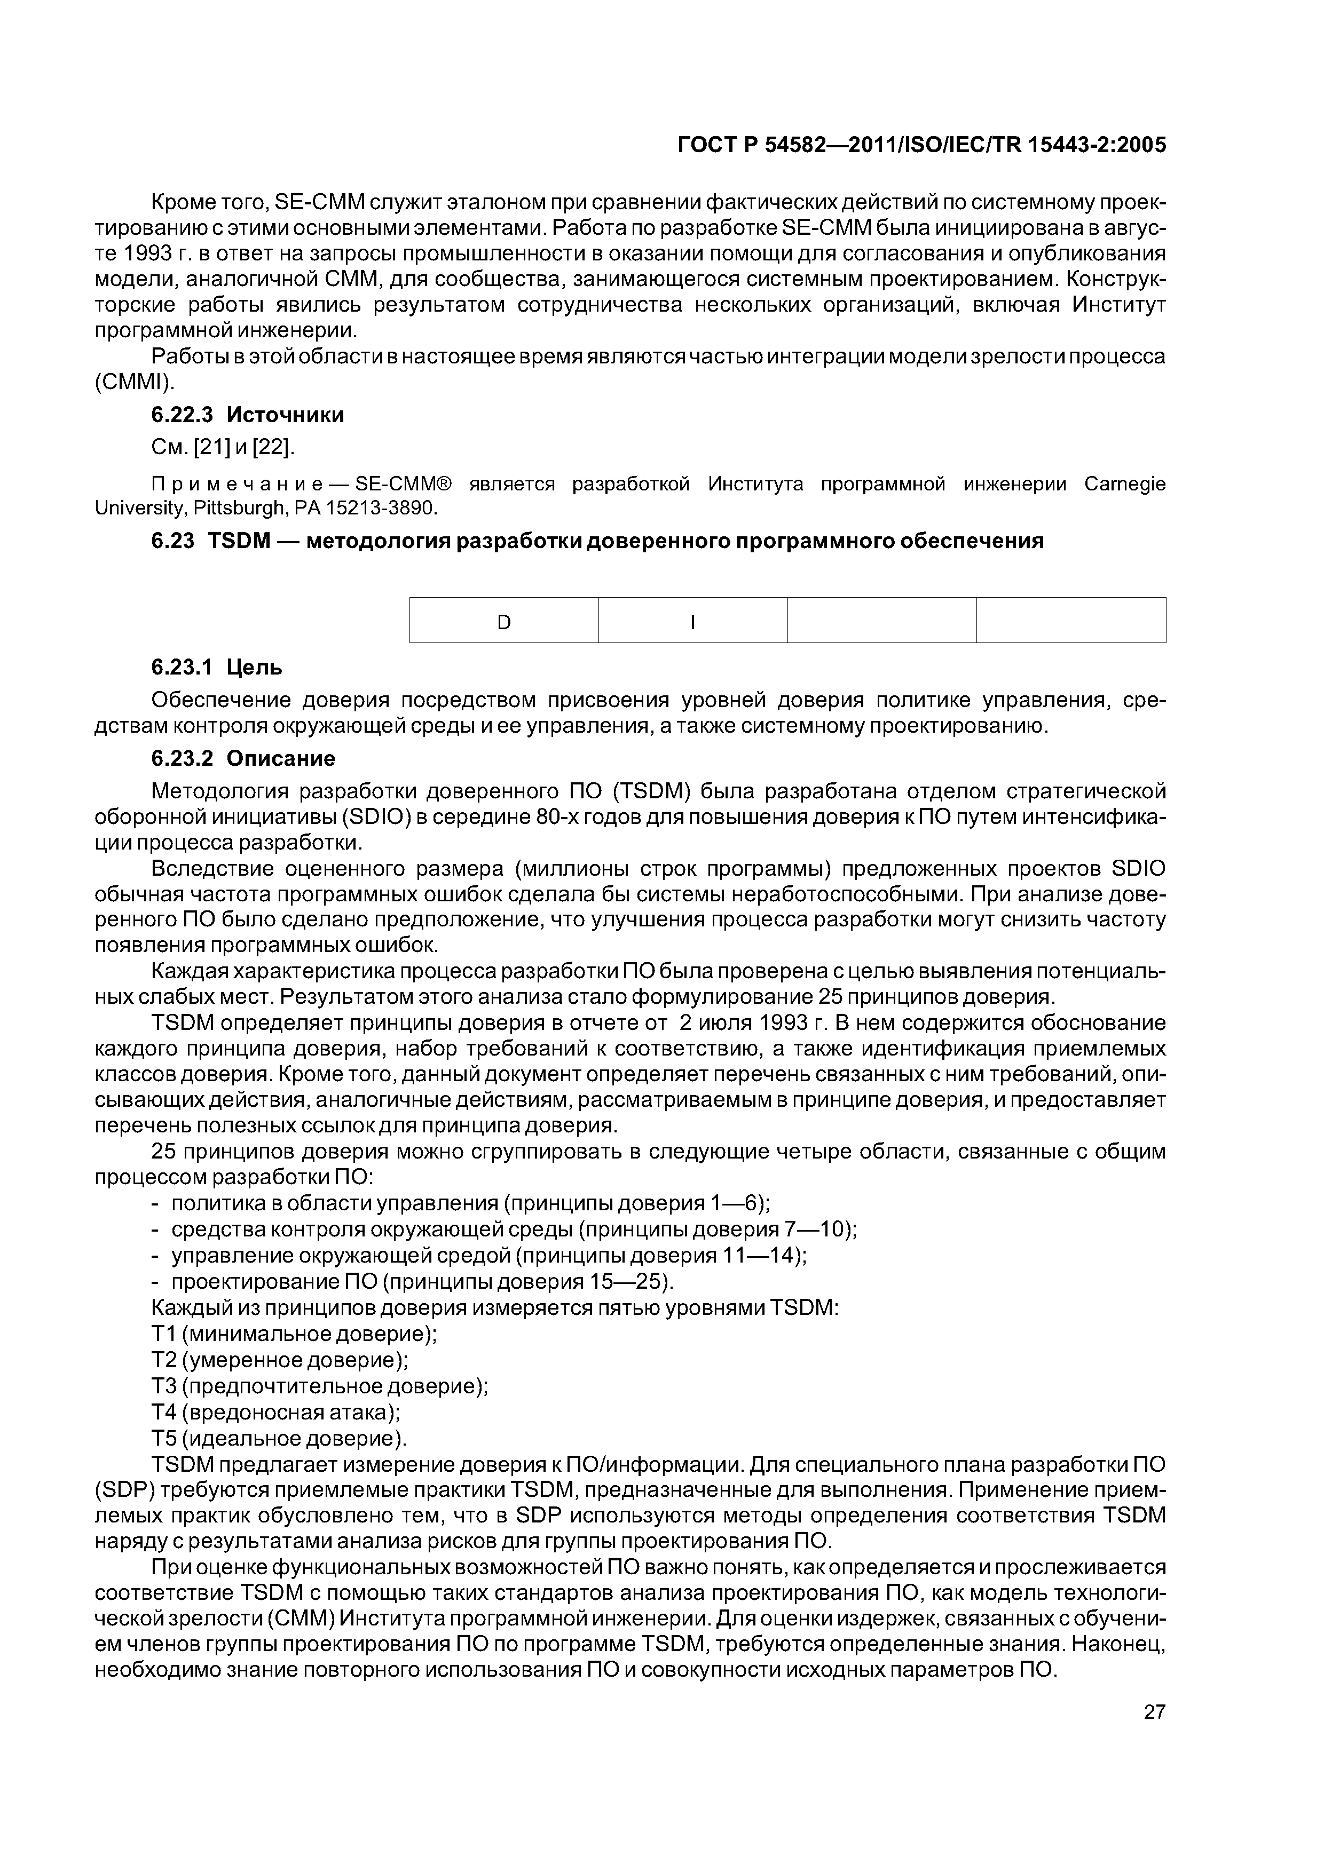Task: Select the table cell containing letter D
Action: click(503, 623)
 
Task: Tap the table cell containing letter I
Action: click(692, 623)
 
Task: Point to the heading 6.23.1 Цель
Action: click(217, 667)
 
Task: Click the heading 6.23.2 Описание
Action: click(243, 758)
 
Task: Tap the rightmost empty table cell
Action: click(1070, 623)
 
